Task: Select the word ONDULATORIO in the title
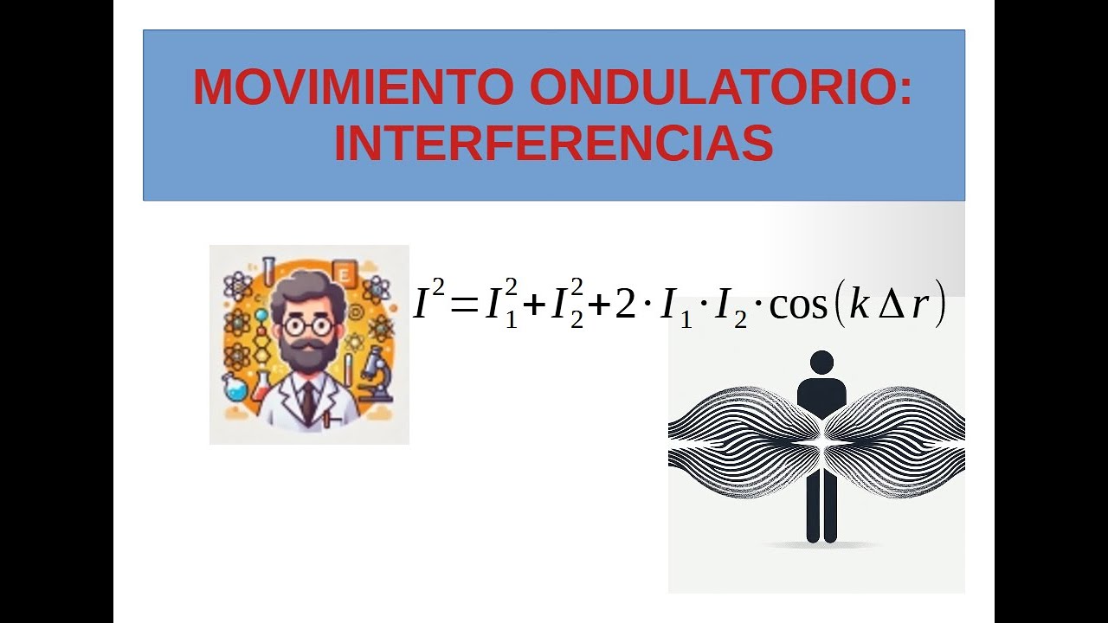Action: [x=720, y=87]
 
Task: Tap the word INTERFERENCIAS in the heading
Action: [x=553, y=143]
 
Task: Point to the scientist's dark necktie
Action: [x=308, y=401]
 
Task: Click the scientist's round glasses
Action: [x=307, y=327]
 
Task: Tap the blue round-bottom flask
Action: [x=235, y=387]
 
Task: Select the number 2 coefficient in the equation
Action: [x=625, y=307]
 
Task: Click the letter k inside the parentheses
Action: [x=859, y=307]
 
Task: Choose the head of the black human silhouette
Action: [x=821, y=363]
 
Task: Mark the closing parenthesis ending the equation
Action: [x=940, y=309]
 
